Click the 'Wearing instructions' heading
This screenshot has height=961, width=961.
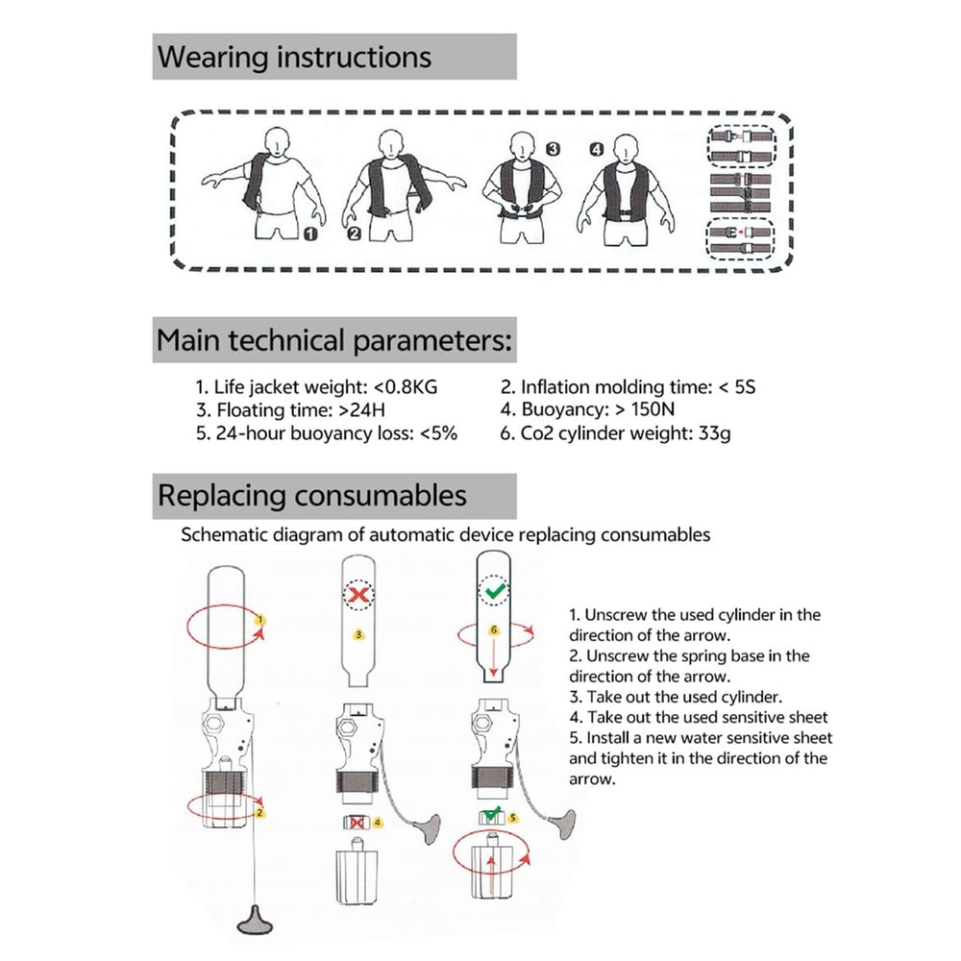pyautogui.click(x=294, y=57)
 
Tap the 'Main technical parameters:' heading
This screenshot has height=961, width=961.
pyautogui.click(x=334, y=340)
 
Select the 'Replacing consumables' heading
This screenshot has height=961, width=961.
pyautogui.click(x=312, y=495)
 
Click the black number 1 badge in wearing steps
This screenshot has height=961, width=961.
pyautogui.click(x=311, y=234)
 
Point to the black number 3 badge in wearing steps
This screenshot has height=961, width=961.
pyautogui.click(x=553, y=149)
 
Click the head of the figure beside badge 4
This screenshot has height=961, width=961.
pyautogui.click(x=625, y=148)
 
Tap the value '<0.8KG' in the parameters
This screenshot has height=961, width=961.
pyautogui.click(x=406, y=387)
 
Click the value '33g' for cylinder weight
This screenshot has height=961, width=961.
pyautogui.click(x=715, y=434)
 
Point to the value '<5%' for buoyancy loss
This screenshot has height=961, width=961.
pyautogui.click(x=438, y=433)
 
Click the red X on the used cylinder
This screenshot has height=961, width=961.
pyautogui.click(x=358, y=594)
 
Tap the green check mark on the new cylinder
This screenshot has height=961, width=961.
pyautogui.click(x=495, y=591)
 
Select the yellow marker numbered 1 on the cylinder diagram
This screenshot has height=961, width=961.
pyautogui.click(x=260, y=620)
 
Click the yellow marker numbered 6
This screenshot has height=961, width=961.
pyautogui.click(x=494, y=630)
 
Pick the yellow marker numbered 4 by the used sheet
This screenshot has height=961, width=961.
pyautogui.click(x=378, y=823)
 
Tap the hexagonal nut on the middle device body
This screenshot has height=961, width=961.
pyautogui.click(x=346, y=728)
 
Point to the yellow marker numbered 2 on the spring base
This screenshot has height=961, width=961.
pyautogui.click(x=259, y=813)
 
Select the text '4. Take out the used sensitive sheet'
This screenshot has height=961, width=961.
pyautogui.click(x=699, y=717)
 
